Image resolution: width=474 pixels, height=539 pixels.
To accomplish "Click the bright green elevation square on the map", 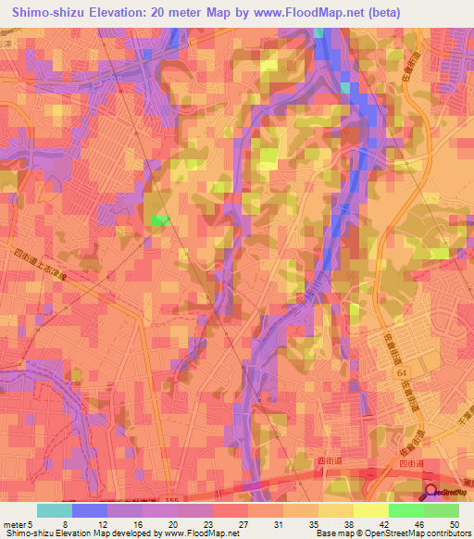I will pyautogui.click(x=160, y=219).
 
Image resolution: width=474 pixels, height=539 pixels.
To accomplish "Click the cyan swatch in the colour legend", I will pyautogui.click(x=55, y=510).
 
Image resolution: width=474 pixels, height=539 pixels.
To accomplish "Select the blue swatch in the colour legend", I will pyautogui.click(x=90, y=510).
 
